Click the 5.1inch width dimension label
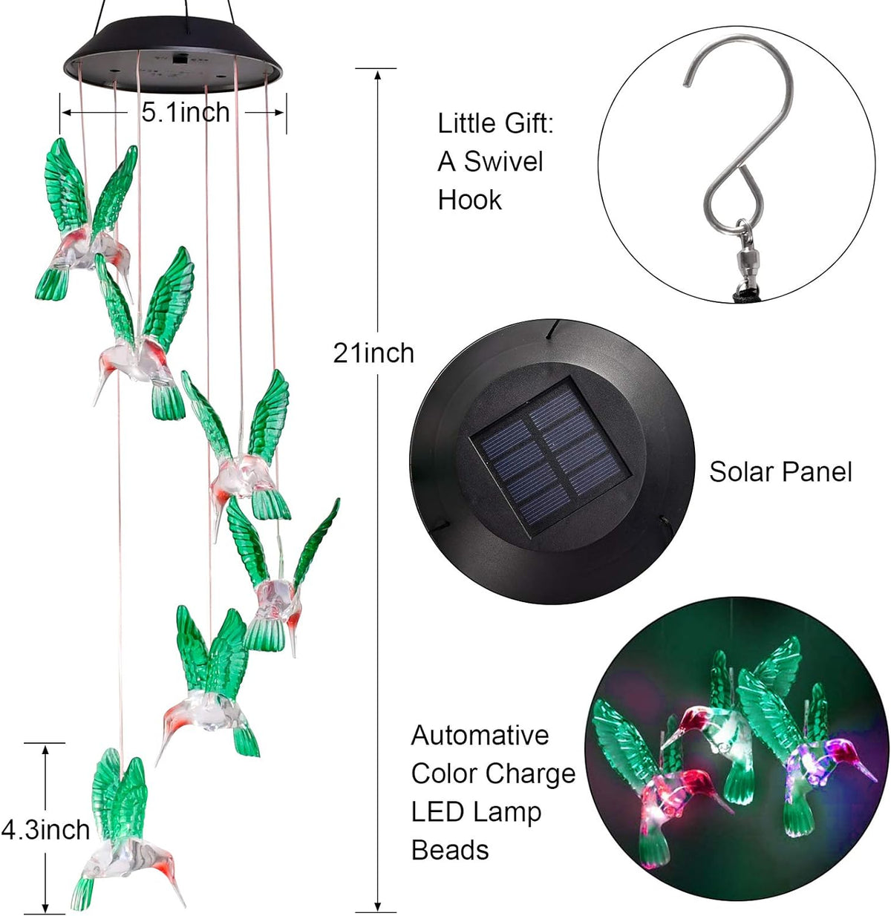point(186,112)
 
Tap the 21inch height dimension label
point(373,353)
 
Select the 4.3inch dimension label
point(45,829)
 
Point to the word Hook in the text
point(469,200)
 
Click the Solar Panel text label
point(780,472)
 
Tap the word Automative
point(480,736)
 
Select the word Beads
point(450,850)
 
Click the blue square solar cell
point(551,457)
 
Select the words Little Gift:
point(495,123)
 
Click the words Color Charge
point(493,773)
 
